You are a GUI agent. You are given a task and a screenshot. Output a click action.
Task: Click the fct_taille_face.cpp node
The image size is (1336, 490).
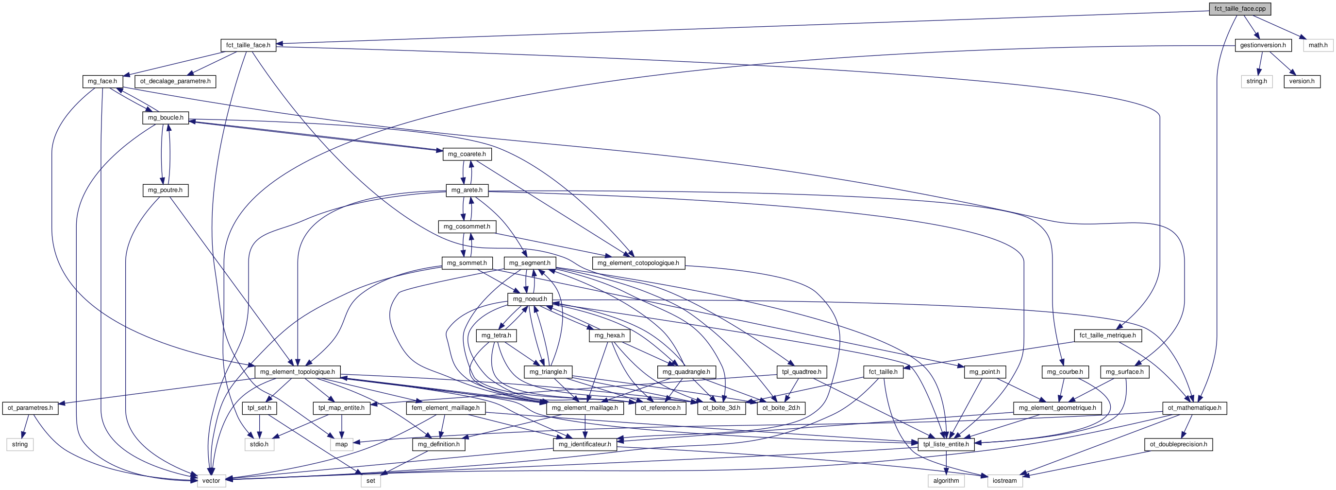(1239, 9)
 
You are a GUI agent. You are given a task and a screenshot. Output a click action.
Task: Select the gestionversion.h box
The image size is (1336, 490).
(1262, 45)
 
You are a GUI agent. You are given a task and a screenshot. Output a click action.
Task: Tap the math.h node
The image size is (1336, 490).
(1318, 45)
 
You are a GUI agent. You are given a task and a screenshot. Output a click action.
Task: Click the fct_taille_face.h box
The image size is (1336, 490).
(248, 45)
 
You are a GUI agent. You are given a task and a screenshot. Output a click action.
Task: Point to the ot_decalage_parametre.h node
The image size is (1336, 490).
(175, 82)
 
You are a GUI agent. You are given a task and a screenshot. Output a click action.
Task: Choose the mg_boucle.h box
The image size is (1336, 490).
(166, 118)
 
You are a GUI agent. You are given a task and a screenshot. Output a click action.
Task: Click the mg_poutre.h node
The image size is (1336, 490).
(165, 191)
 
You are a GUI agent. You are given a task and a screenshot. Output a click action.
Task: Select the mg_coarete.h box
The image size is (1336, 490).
(467, 154)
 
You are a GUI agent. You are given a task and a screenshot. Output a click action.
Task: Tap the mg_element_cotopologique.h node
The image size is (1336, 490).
(638, 263)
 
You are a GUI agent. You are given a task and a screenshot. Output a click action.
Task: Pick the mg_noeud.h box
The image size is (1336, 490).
(530, 299)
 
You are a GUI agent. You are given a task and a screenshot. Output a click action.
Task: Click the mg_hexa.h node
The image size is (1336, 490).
(609, 336)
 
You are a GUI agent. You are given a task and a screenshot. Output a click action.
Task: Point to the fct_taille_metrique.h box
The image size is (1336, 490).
(1107, 336)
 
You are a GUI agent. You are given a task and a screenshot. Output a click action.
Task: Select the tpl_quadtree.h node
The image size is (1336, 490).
(802, 372)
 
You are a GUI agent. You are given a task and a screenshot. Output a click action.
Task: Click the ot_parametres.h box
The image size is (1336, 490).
(30, 408)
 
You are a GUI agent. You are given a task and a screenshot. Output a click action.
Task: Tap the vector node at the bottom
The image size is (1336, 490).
(211, 481)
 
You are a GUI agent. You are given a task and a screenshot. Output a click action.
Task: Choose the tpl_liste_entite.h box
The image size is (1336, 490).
(946, 444)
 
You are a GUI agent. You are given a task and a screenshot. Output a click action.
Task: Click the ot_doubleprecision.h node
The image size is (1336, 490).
(1178, 444)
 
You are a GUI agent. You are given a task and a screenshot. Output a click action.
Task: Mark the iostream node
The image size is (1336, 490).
(1004, 481)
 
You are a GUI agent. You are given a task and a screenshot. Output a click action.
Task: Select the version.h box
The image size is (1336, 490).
(1302, 82)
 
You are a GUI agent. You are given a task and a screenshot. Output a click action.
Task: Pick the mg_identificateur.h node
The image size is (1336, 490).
(584, 444)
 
